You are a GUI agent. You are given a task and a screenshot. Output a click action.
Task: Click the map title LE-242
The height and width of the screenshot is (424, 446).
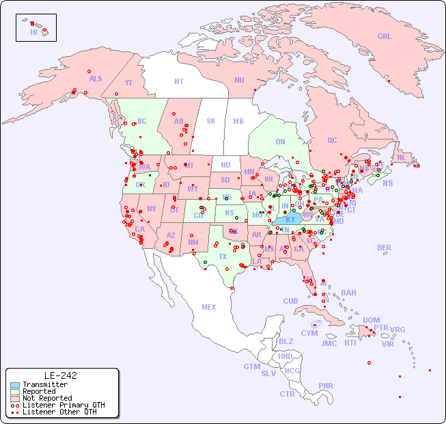(x=60, y=375)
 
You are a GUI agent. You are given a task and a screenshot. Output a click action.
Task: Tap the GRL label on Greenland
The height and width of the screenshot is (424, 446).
(x=385, y=37)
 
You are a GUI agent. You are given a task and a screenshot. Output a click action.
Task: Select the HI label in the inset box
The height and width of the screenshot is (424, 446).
(x=33, y=32)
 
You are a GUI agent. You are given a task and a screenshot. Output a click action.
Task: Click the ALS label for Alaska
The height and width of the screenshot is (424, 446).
(x=96, y=79)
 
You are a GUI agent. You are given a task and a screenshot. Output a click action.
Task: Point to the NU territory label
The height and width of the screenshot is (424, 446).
(x=239, y=80)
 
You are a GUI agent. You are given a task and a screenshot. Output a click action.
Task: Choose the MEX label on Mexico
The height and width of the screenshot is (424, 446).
(x=209, y=307)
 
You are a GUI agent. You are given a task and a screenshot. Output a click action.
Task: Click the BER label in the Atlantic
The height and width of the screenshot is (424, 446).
(x=385, y=248)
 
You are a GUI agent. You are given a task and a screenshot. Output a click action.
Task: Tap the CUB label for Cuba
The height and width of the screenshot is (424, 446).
(x=291, y=301)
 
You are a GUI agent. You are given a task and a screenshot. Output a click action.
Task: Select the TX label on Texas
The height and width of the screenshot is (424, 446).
(x=223, y=256)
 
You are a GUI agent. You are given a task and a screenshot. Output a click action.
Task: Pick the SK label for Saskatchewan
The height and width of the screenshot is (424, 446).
(x=211, y=121)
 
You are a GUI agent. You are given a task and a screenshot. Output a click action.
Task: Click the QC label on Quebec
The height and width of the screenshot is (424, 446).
(x=332, y=140)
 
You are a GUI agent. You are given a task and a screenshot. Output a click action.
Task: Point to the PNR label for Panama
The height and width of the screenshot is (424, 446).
(x=326, y=386)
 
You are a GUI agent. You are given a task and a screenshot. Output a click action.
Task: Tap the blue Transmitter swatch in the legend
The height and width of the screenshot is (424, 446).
(x=15, y=385)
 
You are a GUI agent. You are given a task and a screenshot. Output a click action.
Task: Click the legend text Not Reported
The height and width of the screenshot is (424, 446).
(x=47, y=398)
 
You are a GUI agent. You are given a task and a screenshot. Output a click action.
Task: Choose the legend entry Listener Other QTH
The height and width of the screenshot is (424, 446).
(x=59, y=412)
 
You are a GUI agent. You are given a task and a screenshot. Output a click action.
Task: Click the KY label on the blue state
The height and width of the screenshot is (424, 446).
(x=291, y=220)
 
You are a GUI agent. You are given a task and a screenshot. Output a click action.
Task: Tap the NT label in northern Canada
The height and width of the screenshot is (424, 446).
(x=179, y=81)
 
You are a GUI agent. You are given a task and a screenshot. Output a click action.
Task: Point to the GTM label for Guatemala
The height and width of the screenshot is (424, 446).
(x=251, y=367)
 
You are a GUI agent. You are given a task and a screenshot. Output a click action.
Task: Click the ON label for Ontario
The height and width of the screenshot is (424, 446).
(x=280, y=142)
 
